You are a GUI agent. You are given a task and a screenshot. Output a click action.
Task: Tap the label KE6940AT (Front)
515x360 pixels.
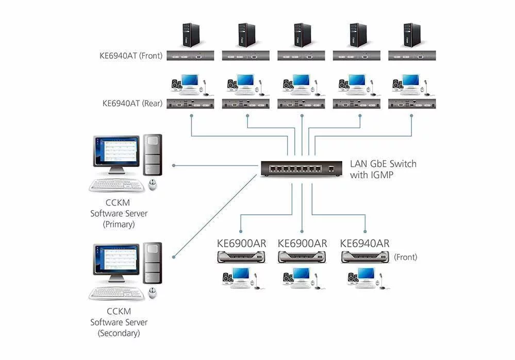point(131,56)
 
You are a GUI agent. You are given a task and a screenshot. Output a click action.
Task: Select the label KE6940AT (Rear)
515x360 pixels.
point(132,103)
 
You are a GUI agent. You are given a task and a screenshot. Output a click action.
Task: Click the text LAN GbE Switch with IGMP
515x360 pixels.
point(383,169)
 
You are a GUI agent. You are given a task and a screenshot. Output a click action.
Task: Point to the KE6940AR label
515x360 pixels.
point(365,243)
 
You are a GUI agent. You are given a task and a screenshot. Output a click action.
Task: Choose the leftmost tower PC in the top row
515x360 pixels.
point(191,35)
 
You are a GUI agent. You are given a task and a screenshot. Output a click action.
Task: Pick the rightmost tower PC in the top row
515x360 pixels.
point(411,35)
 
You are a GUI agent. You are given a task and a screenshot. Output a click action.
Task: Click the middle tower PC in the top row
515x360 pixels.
point(302,35)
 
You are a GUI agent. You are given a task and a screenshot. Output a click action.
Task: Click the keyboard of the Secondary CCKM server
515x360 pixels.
point(117,294)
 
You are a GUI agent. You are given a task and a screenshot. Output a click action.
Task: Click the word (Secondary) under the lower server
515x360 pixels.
point(119,333)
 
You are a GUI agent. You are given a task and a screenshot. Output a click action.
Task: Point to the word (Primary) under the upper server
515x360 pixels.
point(119,224)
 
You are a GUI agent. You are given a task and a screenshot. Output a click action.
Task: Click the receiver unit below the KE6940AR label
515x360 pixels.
point(365,256)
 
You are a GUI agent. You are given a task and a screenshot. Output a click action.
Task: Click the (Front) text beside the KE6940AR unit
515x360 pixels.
point(405,257)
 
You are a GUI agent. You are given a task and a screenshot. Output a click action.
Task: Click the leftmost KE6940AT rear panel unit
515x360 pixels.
point(191,104)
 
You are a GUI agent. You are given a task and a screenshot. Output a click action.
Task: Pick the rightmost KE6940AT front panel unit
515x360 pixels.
point(412,56)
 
